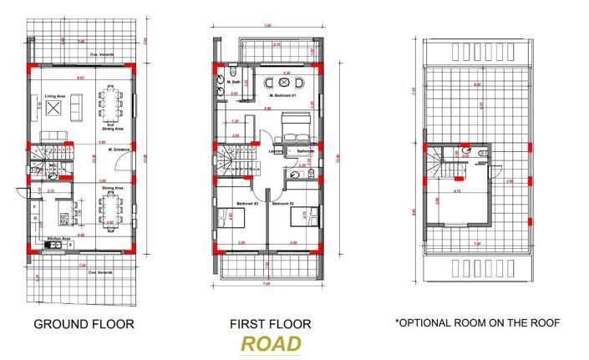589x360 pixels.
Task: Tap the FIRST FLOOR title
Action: pos(270,323)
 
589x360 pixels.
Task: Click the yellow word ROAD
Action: pos(270,344)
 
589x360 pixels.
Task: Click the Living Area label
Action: pos(55,97)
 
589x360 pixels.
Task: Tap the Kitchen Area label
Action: pos(58,238)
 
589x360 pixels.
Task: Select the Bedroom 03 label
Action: pos(246,203)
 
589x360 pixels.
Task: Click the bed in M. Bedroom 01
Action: pos(294,127)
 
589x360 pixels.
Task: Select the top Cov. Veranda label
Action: pos(102,54)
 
